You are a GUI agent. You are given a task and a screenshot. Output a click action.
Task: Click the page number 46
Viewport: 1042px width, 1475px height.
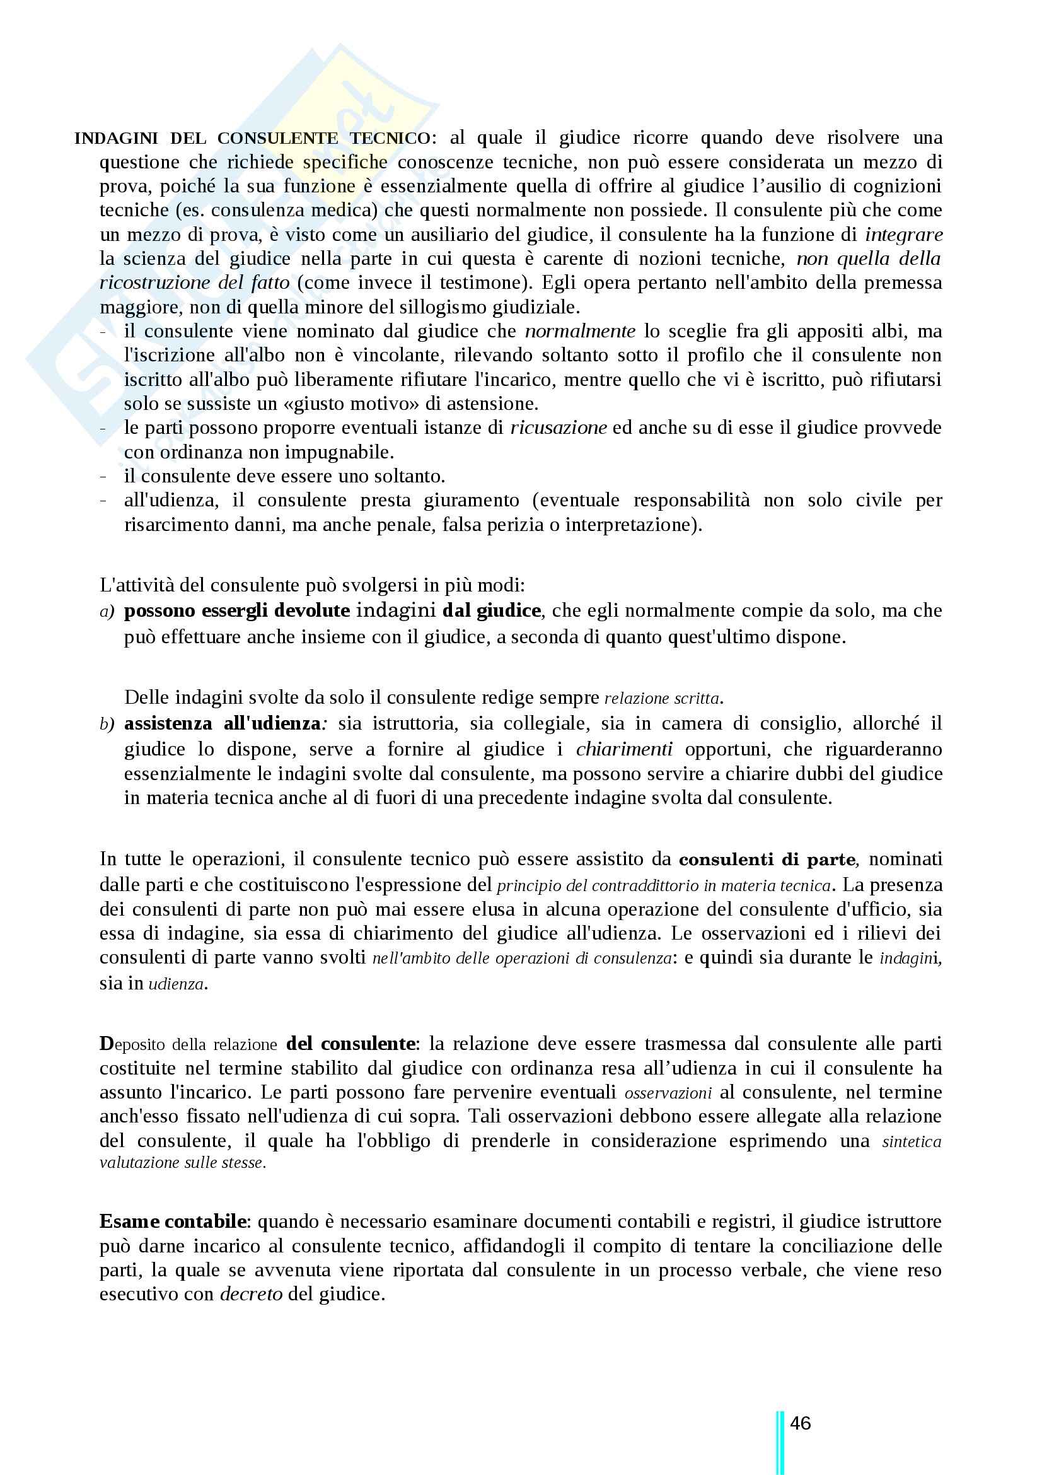pos(800,1422)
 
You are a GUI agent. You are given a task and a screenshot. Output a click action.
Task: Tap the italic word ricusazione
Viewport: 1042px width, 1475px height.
pos(558,428)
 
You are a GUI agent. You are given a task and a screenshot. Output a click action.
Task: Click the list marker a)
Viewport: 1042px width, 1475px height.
pos(107,611)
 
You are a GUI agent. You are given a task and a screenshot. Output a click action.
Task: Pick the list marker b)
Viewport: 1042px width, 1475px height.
pos(107,724)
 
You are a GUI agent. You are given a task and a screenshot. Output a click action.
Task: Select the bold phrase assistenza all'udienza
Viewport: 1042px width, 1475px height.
pos(222,723)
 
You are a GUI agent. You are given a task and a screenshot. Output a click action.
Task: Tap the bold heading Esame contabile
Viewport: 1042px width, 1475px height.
pos(173,1221)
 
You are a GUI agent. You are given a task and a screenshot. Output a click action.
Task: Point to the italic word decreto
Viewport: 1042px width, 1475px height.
pos(251,1293)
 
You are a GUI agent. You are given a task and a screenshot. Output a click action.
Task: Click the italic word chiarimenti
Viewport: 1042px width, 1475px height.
pos(624,749)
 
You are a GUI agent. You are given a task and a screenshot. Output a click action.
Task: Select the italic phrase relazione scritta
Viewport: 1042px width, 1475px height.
pos(663,698)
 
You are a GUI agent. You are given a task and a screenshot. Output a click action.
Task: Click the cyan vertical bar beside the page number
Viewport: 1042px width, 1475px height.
pos(780,1442)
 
